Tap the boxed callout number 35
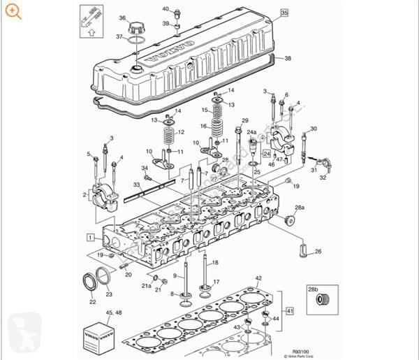(284, 13)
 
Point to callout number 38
(288, 59)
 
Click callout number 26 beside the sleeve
(318, 252)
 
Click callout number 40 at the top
(166, 9)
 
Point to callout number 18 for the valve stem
(215, 262)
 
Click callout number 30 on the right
(314, 129)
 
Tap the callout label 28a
(299, 208)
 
